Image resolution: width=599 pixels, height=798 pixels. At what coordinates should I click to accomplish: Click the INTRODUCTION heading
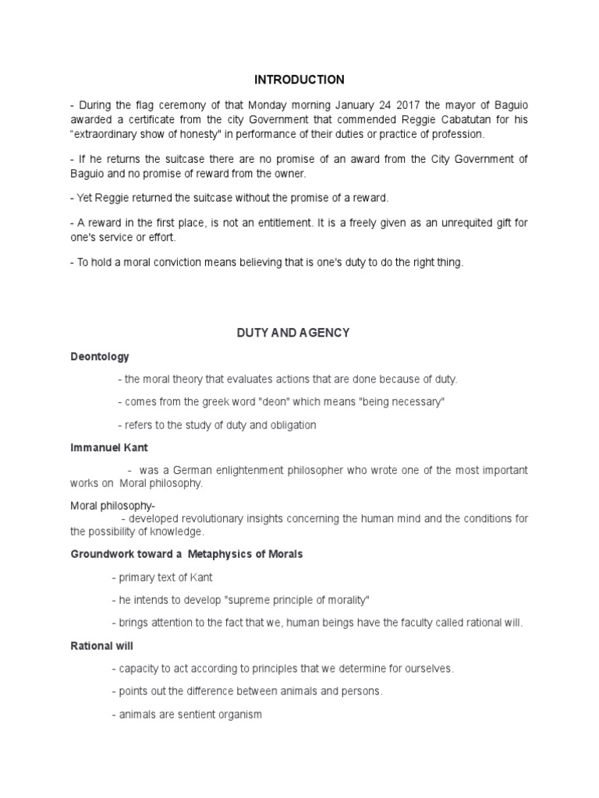coord(299,79)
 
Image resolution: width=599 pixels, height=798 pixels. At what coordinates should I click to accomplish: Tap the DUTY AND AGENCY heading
coord(293,333)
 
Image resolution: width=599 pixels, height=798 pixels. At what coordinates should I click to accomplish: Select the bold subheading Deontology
coord(100,356)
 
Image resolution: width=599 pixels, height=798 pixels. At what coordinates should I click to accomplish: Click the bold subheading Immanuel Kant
coord(109,448)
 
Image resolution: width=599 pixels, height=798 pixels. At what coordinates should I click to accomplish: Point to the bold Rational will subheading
coord(101,646)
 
